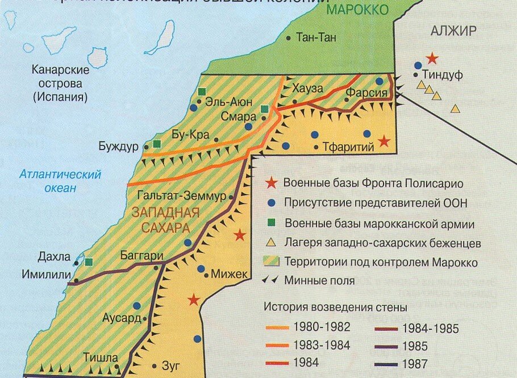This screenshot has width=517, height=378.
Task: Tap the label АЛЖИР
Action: (453, 31)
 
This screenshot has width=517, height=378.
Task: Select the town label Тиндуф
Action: (443, 75)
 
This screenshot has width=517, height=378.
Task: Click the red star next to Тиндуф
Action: (432, 58)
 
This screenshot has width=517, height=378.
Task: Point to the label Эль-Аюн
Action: (226, 102)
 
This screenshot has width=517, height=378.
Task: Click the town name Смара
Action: (239, 118)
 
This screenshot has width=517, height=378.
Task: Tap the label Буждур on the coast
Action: (118, 146)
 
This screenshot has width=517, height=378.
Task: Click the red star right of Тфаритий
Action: (385, 141)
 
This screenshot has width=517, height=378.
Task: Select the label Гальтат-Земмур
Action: (181, 196)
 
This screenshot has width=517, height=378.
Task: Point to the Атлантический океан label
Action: (60, 181)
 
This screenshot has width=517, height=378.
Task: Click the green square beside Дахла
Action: (89, 262)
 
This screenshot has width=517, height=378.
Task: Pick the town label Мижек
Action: (230, 275)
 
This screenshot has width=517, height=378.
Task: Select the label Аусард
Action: (121, 318)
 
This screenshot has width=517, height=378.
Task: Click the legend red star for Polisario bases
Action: (272, 183)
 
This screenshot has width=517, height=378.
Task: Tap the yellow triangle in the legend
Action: (272, 243)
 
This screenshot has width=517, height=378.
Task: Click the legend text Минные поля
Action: (319, 280)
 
